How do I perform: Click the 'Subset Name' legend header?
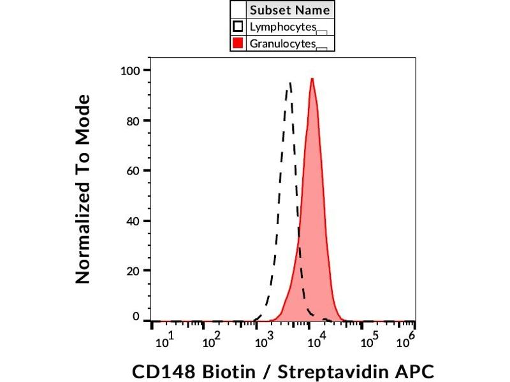click(290, 10)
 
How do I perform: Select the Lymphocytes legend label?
click(283, 27)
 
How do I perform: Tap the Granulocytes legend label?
click(283, 43)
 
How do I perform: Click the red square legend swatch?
click(238, 43)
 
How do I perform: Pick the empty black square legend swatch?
click(238, 27)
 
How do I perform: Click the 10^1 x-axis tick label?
click(163, 341)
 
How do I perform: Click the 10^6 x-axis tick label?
click(405, 341)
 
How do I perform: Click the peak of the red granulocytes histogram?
click(312, 79)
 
